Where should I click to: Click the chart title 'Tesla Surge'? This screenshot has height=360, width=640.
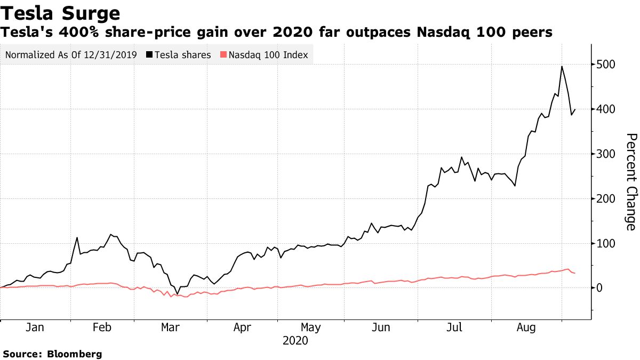point(60,12)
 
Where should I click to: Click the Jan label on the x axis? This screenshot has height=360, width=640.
point(35,327)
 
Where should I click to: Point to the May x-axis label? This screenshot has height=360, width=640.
point(311,327)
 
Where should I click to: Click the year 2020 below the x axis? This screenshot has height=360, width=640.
point(295,340)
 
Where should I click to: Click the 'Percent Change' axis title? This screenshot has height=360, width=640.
point(630,182)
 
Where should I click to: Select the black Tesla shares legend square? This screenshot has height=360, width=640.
point(150,55)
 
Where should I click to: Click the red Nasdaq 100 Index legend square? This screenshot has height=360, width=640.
point(224,55)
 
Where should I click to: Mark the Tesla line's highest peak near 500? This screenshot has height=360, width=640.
point(562,66)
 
